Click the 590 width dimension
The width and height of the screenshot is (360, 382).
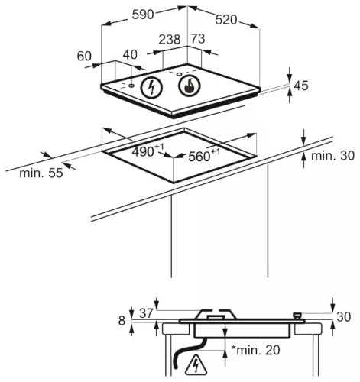(143, 15)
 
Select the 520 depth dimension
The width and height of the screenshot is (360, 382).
(226, 20)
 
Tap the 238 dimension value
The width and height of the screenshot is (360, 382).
(170, 39)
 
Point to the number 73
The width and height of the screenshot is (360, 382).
(198, 38)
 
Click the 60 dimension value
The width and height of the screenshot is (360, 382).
(84, 56)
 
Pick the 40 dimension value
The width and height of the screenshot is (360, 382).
(130, 54)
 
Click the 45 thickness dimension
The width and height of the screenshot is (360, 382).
(301, 86)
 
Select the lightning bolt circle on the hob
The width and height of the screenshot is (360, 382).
(151, 87)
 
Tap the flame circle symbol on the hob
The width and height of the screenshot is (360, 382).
(190, 86)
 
